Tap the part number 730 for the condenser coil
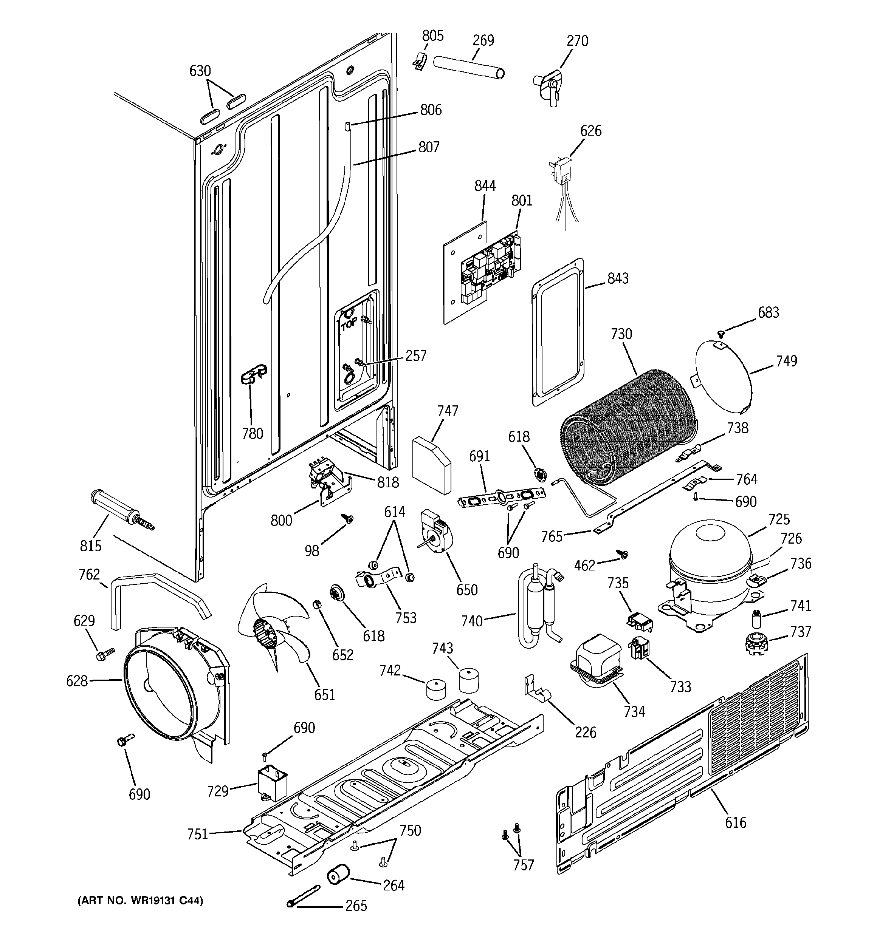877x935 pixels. [x=621, y=334]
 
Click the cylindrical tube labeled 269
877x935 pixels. [x=469, y=69]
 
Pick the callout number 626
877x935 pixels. [x=590, y=131]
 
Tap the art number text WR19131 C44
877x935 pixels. [x=140, y=901]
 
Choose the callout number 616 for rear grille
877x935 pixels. [x=735, y=822]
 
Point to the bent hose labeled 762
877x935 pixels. [x=155, y=593]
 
